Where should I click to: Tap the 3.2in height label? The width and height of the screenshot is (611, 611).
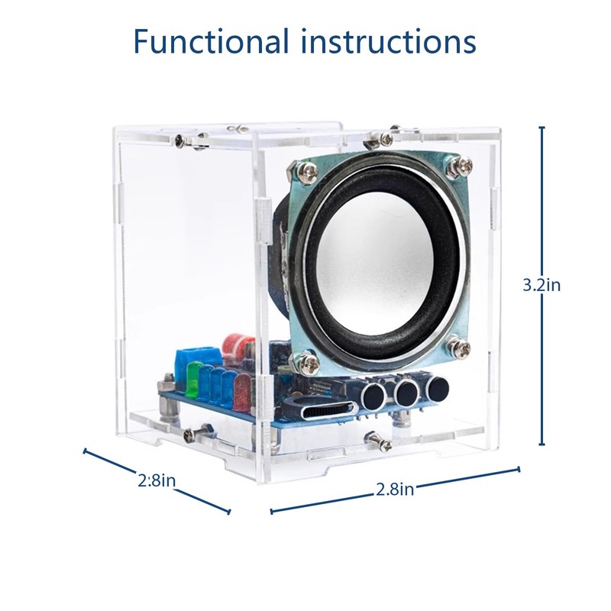[x=541, y=285]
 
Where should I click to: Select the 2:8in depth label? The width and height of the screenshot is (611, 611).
[x=157, y=481]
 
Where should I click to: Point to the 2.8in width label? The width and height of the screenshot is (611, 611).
[x=395, y=490]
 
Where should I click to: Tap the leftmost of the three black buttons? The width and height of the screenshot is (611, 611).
[x=373, y=396]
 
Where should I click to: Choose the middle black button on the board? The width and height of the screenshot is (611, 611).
[x=406, y=391]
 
